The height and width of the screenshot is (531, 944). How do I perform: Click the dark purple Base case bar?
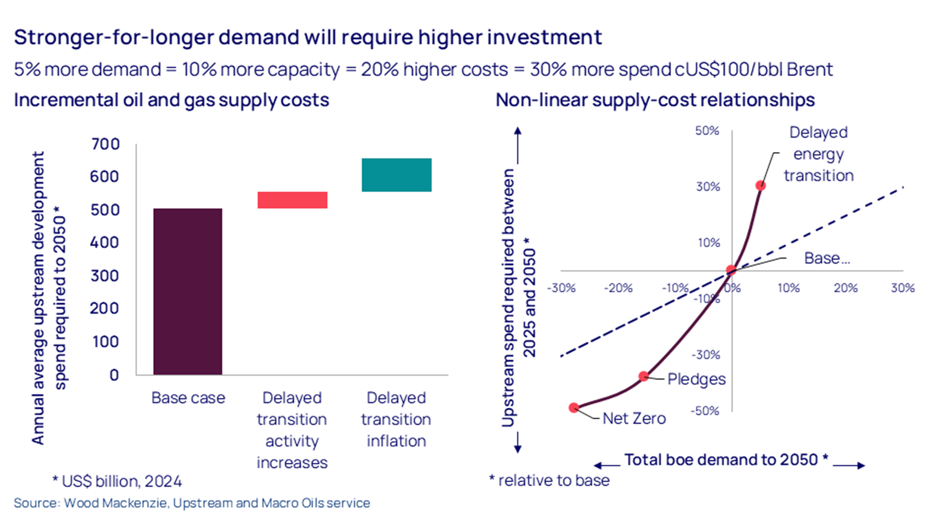click(x=188, y=291)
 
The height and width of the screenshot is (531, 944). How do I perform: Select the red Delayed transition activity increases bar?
click(x=292, y=200)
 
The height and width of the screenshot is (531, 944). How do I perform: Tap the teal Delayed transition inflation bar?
click(x=396, y=175)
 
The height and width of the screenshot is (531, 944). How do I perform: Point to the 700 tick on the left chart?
click(x=105, y=144)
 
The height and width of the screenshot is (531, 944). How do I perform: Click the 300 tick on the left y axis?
click(x=105, y=275)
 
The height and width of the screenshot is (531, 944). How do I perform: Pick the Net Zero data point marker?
click(x=574, y=408)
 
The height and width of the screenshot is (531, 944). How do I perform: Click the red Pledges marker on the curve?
click(x=643, y=376)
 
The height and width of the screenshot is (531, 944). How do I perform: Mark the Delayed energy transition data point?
click(x=760, y=185)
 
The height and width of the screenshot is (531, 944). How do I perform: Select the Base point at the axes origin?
click(x=731, y=271)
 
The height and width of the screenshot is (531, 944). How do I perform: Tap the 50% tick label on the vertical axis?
click(x=707, y=131)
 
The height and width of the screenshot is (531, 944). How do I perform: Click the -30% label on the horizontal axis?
click(x=561, y=288)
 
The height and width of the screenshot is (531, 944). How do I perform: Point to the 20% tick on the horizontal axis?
click(x=845, y=288)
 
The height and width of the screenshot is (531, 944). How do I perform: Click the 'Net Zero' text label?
click(x=634, y=418)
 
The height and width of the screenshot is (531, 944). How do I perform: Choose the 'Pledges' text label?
click(x=696, y=379)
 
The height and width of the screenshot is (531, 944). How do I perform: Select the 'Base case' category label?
click(x=188, y=398)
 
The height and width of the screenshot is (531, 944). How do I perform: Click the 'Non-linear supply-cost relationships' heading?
click(x=655, y=100)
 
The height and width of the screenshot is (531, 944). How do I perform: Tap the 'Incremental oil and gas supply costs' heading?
click(x=171, y=100)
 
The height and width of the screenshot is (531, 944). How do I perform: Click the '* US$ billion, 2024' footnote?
click(x=117, y=481)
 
